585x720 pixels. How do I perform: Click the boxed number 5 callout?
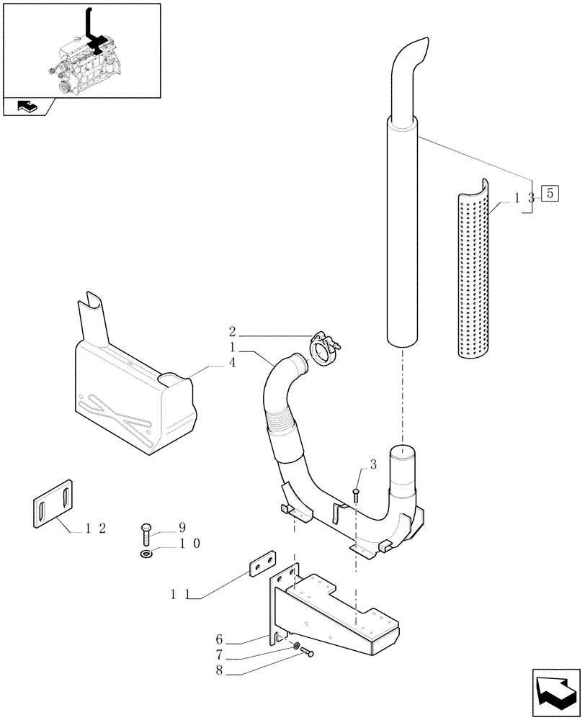[550, 193]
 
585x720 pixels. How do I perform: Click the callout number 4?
[232, 364]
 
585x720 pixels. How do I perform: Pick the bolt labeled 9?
[146, 534]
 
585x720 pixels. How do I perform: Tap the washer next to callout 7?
[297, 647]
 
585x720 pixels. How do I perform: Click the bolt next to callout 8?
[309, 654]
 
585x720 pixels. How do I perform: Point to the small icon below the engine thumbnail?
[26, 107]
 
